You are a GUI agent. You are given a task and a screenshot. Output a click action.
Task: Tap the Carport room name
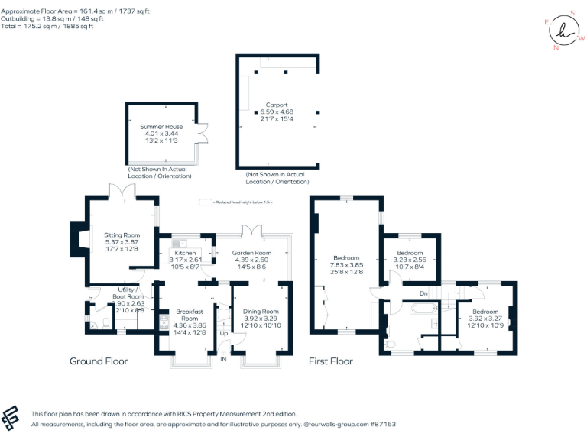coord(276,105)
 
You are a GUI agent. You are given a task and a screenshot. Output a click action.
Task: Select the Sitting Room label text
coord(122,235)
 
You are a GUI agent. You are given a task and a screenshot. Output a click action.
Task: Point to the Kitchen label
coord(185,253)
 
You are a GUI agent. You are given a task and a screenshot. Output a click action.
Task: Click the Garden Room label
coord(252,253)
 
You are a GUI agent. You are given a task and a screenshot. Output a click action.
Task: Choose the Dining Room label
coord(261,312)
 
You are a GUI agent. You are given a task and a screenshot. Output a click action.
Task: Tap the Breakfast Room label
coord(187,315)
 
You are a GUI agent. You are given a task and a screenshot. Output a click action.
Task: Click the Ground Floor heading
coord(99,361)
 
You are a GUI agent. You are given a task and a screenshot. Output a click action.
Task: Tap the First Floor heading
coord(330,361)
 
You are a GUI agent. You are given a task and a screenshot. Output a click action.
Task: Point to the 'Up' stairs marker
coord(223,334)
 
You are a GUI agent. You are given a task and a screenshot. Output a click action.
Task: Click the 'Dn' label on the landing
coord(423,293)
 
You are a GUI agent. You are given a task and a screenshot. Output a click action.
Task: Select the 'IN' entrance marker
coord(224,359)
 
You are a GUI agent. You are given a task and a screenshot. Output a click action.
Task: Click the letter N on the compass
coord(556,47)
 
